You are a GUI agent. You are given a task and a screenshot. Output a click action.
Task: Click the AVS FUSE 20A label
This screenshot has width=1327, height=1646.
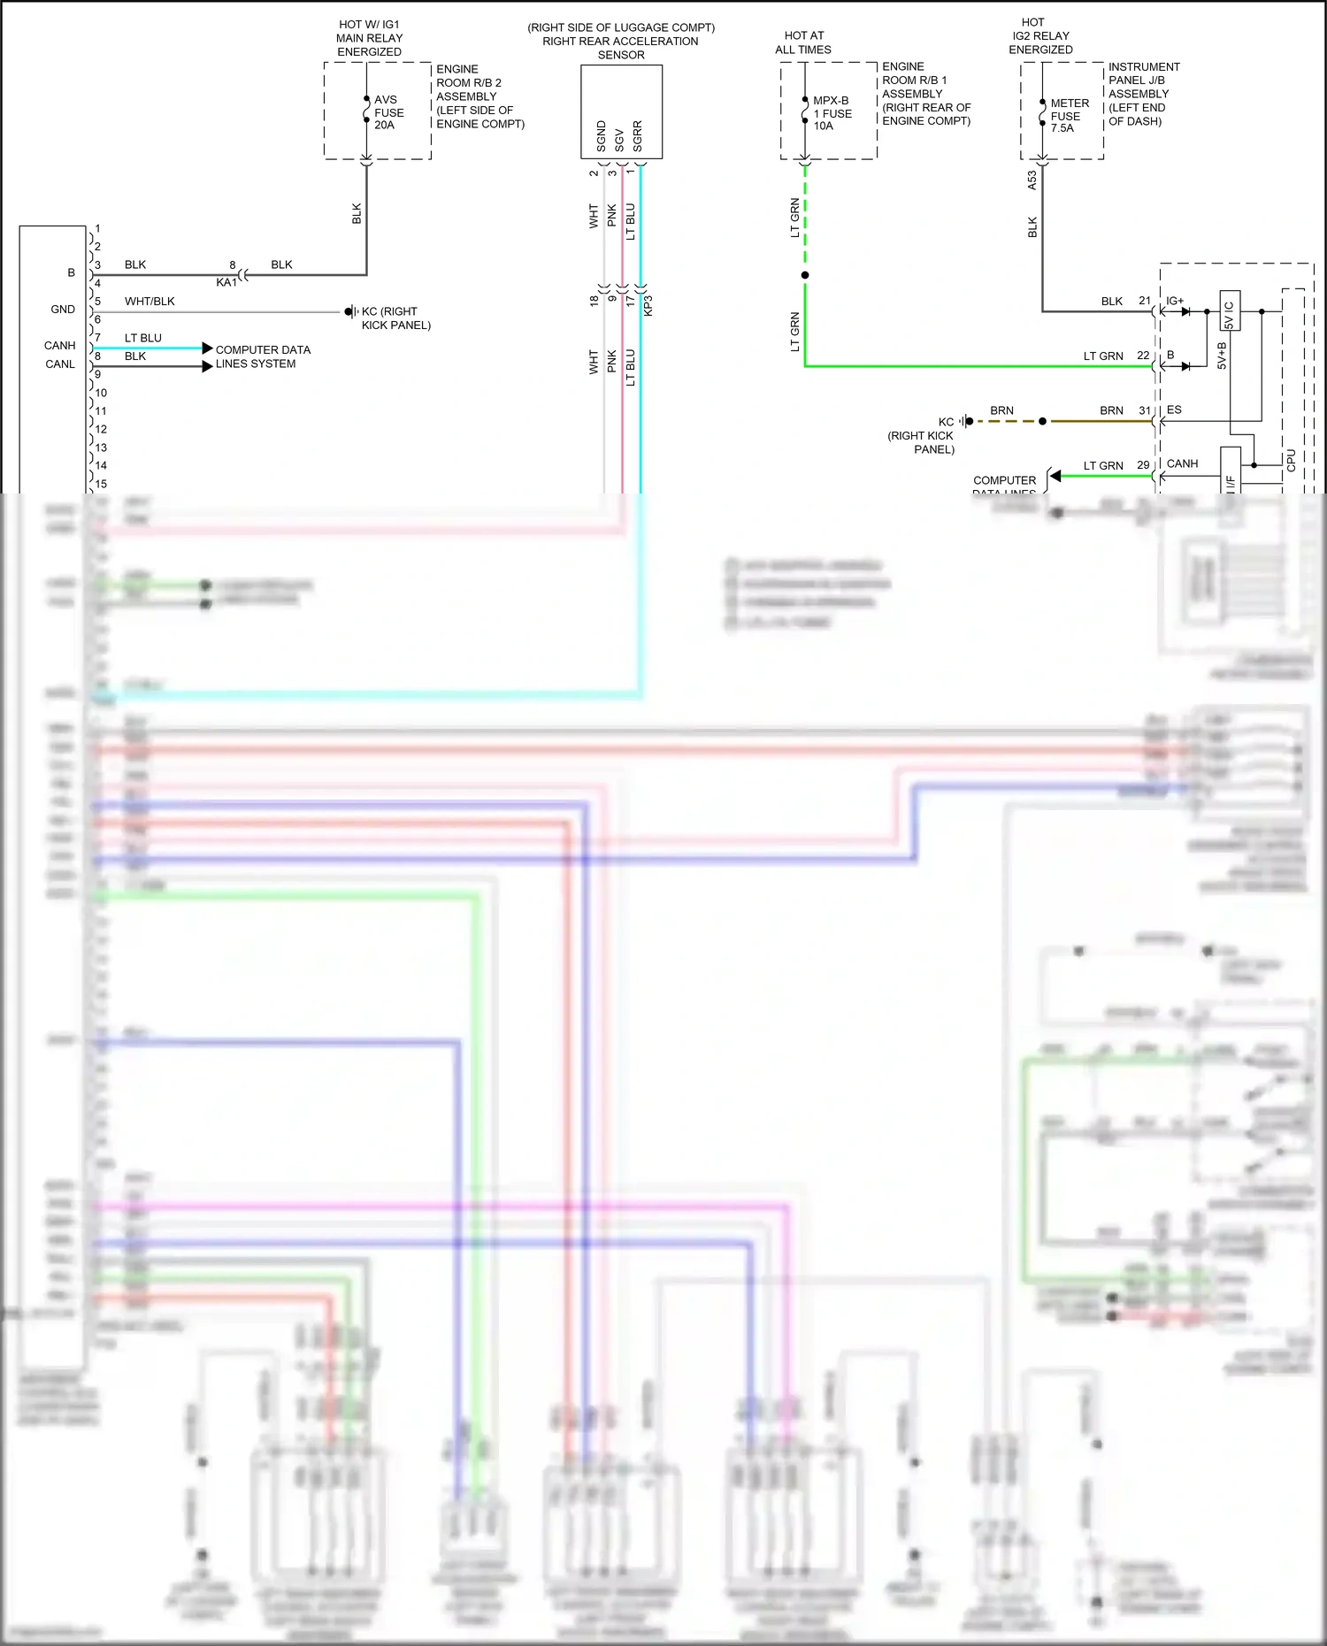pos(388,112)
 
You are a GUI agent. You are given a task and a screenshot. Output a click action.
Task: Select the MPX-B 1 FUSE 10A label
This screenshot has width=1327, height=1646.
pos(832,113)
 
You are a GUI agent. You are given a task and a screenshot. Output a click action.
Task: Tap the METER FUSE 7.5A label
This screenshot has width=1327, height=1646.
pos(1069,116)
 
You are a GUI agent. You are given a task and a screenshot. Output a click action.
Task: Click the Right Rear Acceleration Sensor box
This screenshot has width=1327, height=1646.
pos(621,112)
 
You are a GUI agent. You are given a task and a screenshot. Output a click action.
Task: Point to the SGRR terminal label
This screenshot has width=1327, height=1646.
pos(637,136)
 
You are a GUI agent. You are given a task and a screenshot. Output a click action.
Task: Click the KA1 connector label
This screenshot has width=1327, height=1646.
pos(226,282)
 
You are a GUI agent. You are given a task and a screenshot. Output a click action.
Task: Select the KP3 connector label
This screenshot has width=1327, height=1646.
pos(648,305)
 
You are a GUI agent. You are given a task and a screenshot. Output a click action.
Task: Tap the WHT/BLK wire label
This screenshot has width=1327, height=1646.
pos(150,302)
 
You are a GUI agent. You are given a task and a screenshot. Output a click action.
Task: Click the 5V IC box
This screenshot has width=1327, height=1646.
pos(1230,310)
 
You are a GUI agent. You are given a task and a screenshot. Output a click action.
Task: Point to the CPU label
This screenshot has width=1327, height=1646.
pos(1292,460)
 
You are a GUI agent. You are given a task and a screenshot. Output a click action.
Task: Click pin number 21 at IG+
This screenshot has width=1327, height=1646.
pos(1144,301)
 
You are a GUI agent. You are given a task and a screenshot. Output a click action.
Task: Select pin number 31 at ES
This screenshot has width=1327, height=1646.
pos(1144,410)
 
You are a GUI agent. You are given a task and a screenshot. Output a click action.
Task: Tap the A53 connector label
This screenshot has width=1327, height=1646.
pos(1032,180)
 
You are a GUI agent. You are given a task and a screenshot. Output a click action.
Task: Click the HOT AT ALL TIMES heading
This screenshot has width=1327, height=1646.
pos(803,42)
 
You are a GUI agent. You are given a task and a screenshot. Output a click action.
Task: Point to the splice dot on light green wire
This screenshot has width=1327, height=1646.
pos(804,275)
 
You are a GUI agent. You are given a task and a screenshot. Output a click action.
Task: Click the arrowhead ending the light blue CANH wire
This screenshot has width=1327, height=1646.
pos(207,348)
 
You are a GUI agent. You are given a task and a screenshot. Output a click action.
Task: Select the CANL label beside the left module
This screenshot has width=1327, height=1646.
pos(60,364)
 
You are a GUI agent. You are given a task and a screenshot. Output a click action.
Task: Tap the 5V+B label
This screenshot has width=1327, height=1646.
pos(1222,356)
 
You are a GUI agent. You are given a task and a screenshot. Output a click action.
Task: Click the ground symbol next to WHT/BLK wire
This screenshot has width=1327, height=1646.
pos(350,311)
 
